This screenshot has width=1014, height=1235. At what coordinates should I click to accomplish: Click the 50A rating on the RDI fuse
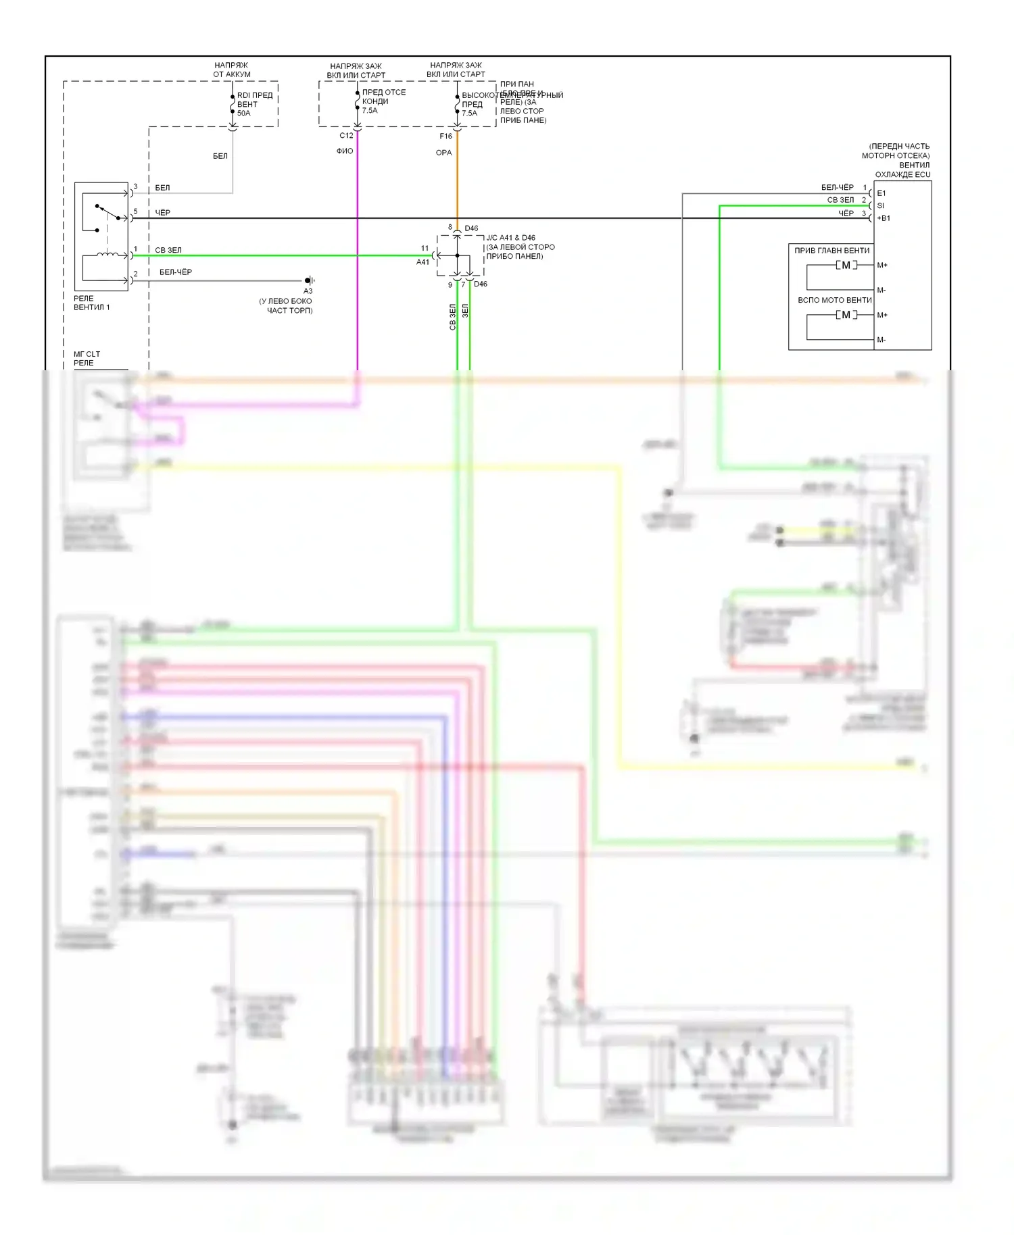point(243,114)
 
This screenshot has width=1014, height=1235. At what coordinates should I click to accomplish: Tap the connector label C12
point(346,136)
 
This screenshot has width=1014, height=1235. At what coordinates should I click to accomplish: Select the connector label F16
point(445,136)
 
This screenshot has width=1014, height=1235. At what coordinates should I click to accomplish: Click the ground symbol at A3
point(309,280)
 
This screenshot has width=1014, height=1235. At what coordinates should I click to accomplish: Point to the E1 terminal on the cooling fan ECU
point(881,193)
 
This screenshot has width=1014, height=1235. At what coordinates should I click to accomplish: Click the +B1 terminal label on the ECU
point(884,218)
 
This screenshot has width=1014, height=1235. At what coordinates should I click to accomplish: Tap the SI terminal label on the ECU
point(880,205)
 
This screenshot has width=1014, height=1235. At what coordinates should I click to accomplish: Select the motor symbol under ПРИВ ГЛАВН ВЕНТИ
point(846,266)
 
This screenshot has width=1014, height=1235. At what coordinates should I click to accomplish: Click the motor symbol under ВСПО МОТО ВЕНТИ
point(846,315)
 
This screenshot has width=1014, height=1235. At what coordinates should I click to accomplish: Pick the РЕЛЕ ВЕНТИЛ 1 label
point(91,303)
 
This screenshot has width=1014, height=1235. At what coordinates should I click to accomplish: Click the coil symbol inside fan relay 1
point(107,255)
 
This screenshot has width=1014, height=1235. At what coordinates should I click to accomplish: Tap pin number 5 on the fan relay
point(135,211)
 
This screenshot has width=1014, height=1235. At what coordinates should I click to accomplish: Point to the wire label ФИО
point(345,151)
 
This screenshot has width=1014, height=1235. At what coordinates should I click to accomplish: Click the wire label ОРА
point(443,153)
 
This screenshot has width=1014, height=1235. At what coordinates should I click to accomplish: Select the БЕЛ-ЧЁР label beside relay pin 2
point(175,272)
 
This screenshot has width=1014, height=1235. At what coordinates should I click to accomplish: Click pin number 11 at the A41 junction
point(425,249)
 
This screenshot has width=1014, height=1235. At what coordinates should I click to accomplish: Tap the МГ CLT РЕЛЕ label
point(87,358)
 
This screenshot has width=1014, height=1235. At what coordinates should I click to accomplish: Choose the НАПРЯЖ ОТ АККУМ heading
point(231,70)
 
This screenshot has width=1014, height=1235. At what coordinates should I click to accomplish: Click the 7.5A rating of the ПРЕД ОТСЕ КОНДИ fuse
point(370,111)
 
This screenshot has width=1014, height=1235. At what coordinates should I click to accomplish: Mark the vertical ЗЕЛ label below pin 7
point(465,311)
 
